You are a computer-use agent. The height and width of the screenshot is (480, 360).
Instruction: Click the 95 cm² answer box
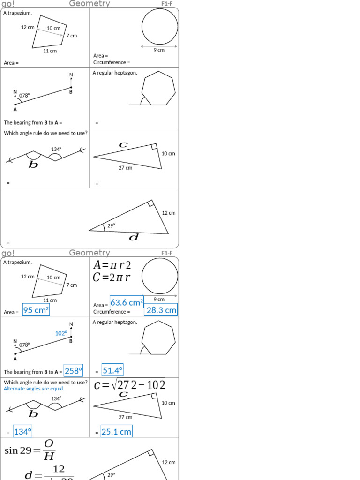36,310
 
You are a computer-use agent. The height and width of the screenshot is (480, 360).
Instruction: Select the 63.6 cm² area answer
127,303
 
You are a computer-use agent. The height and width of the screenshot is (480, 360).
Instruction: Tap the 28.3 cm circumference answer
161,310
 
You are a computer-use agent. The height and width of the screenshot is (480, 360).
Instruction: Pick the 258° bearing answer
73,371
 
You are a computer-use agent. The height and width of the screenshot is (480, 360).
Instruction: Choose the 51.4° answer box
112,371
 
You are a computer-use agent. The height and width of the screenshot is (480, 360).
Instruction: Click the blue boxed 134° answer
22,432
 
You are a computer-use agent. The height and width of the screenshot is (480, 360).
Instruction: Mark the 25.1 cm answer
116,432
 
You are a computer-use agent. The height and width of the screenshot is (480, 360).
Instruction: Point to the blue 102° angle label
61,333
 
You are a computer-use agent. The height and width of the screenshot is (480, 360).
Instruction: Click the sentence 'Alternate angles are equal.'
34,389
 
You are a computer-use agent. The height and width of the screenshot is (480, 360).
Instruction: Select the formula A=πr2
112,265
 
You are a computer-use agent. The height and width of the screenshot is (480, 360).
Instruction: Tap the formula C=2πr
112,277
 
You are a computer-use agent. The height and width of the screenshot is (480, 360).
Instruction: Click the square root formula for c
129,385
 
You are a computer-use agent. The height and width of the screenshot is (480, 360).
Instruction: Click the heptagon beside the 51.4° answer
158,337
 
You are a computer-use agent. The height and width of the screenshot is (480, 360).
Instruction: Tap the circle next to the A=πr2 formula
160,276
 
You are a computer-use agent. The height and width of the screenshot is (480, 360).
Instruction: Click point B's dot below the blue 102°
71,336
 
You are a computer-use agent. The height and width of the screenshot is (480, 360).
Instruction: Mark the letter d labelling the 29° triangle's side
134,238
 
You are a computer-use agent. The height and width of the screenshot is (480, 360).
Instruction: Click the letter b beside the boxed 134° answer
33,414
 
